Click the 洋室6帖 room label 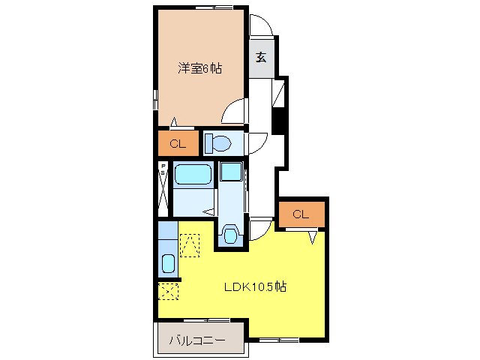click(200, 68)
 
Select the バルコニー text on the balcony click(196, 340)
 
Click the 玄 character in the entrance click(261, 57)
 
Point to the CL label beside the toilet click(178, 143)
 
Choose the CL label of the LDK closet click(301, 214)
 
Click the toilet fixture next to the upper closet click(217, 142)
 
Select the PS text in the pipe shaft click(162, 169)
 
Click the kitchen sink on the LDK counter click(167, 264)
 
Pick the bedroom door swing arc click(235, 112)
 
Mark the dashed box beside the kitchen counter click(190, 244)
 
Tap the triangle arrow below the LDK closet click(313, 236)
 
